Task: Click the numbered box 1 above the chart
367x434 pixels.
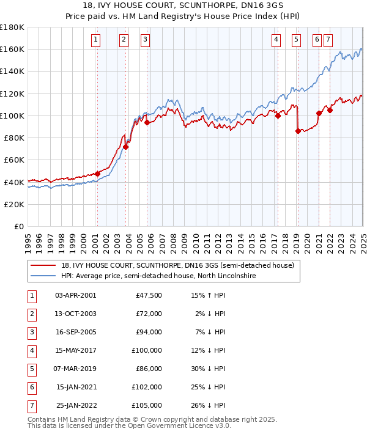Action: coord(97,40)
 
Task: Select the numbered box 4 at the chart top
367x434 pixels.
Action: coord(276,40)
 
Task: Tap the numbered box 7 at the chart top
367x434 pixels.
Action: coord(328,40)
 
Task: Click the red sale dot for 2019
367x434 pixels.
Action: coord(298,131)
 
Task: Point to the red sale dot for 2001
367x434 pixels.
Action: coord(97,174)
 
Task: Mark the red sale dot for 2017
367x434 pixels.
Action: coord(278,116)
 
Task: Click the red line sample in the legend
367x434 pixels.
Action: coord(45,265)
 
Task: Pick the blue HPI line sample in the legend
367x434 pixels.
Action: coord(45,276)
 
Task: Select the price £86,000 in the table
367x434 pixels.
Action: coord(149,369)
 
